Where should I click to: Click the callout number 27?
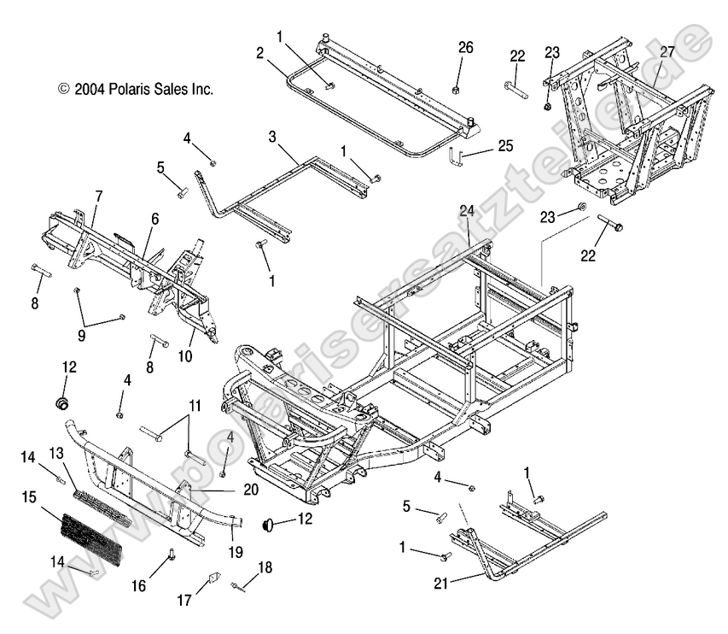click(x=667, y=52)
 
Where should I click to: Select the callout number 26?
click(x=464, y=48)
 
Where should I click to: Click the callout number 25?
click(x=505, y=146)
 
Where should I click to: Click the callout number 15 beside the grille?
click(x=29, y=496)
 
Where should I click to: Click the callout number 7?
click(x=98, y=197)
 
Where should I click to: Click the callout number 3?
click(x=271, y=137)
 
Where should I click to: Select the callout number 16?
click(x=139, y=585)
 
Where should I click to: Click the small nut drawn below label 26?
click(x=457, y=89)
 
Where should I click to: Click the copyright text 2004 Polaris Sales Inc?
click(x=135, y=89)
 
